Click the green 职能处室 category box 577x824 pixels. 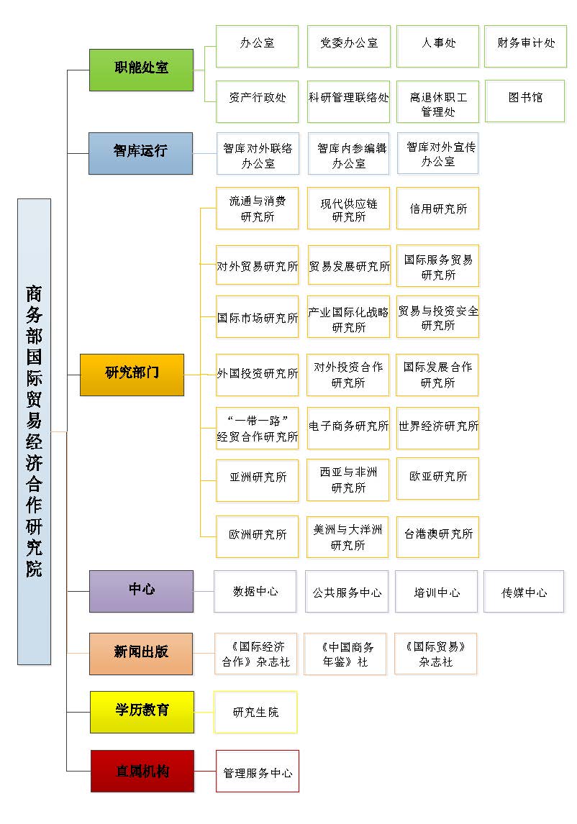(141, 70)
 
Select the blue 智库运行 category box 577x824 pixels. (140, 152)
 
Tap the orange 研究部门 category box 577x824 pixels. (132, 374)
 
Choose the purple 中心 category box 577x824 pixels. (141, 591)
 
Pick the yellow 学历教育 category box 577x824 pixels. (142, 711)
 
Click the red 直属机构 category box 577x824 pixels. (142, 771)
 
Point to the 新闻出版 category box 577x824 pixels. (141, 653)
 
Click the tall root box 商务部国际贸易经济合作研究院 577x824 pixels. (34, 431)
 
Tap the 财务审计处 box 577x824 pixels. (525, 45)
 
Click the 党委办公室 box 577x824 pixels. (348, 45)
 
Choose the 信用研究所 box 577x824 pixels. (437, 209)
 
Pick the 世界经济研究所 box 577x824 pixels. (437, 427)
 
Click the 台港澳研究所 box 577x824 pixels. (437, 536)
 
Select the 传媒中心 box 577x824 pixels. (524, 592)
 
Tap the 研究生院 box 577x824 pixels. (255, 712)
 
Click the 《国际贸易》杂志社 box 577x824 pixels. (435, 654)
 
